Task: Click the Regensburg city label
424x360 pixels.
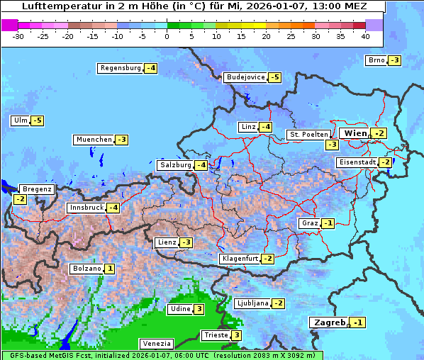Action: pyautogui.click(x=121, y=68)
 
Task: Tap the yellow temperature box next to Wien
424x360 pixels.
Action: pyautogui.click(x=380, y=133)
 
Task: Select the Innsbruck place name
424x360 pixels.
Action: pyautogui.click(x=86, y=208)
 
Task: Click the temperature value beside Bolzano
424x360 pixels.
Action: pyautogui.click(x=110, y=269)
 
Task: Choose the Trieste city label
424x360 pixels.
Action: pyautogui.click(x=215, y=335)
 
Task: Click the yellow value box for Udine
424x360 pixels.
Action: pyautogui.click(x=199, y=308)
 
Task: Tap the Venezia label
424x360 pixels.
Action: pyautogui.click(x=156, y=344)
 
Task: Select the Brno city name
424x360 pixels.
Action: pyautogui.click(x=376, y=60)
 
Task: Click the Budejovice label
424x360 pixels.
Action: pyautogui.click(x=246, y=77)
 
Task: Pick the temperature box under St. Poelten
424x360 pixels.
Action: pyautogui.click(x=332, y=145)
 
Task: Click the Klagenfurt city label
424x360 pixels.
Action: pyautogui.click(x=239, y=259)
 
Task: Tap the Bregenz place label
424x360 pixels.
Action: pyautogui.click(x=37, y=189)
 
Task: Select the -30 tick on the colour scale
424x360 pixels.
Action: pyautogui.click(x=18, y=35)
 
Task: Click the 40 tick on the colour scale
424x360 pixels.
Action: pyautogui.click(x=365, y=35)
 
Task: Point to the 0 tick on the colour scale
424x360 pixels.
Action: pyautogui.click(x=167, y=35)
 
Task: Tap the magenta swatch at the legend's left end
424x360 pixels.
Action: pyautogui.click(x=9, y=24)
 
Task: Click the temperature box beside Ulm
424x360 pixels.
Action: pyautogui.click(x=37, y=120)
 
